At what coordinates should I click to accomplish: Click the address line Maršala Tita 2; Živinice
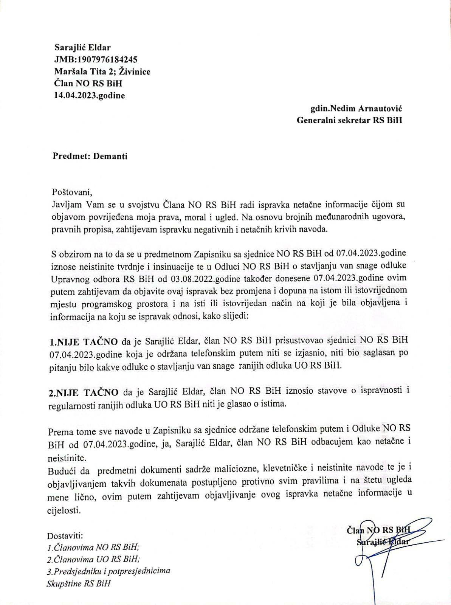(102, 71)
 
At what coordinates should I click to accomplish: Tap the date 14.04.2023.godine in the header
(90, 95)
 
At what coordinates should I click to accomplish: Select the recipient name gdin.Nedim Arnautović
(356, 109)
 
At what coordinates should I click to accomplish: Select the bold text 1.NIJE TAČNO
(84, 343)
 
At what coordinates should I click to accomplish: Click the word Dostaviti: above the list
(65, 536)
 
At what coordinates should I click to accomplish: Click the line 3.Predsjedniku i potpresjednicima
(108, 571)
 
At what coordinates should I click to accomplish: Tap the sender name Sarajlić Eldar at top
(83, 48)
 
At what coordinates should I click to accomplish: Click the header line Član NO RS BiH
(88, 83)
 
